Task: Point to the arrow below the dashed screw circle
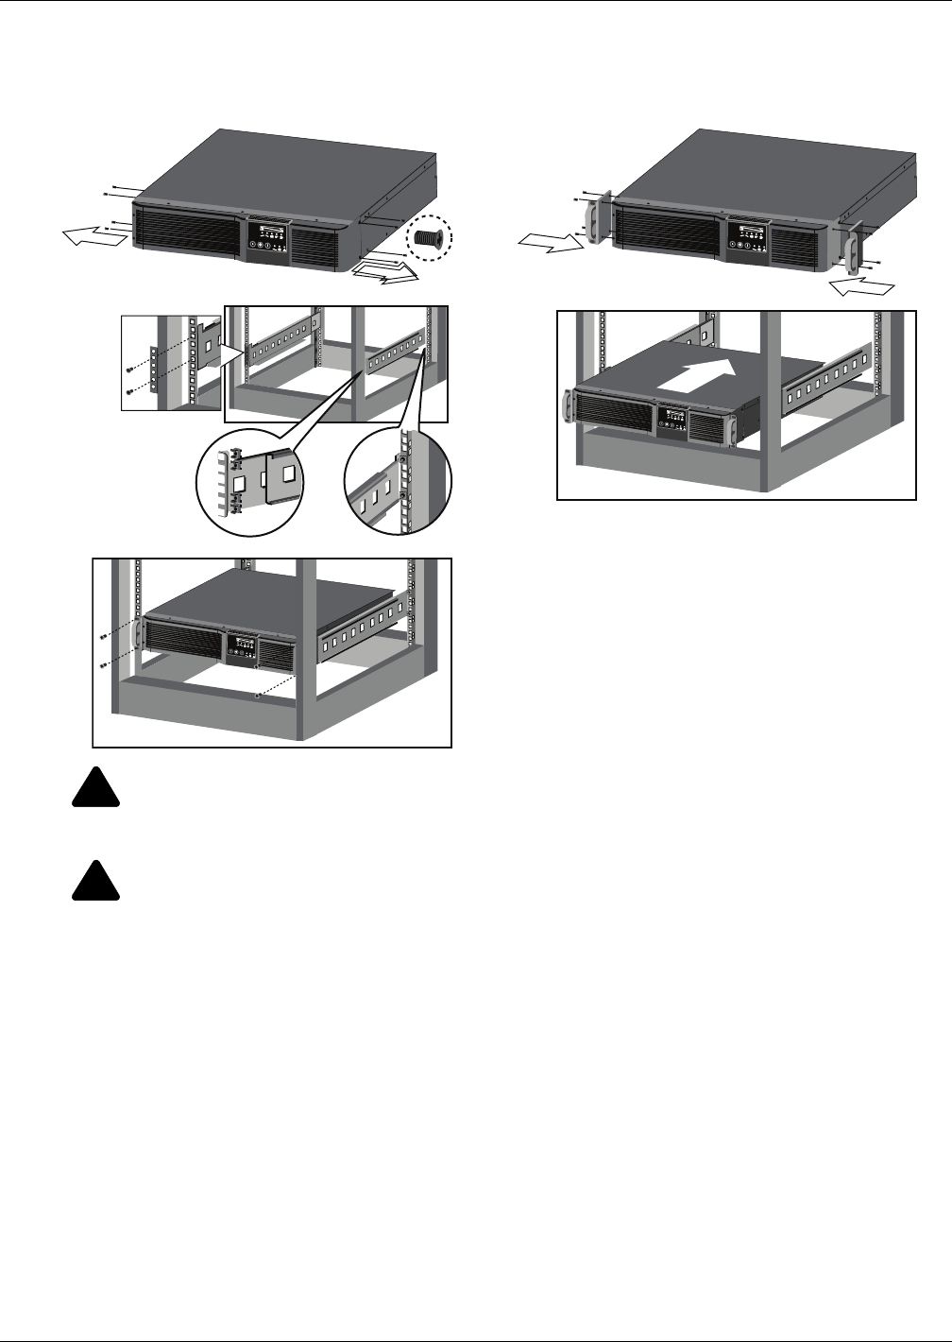[385, 274]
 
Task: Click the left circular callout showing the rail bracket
[249, 477]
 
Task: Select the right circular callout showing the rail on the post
[398, 477]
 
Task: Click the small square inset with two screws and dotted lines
[173, 363]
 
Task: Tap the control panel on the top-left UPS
[267, 236]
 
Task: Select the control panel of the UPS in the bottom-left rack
[241, 649]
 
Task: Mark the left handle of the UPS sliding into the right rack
[567, 406]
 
